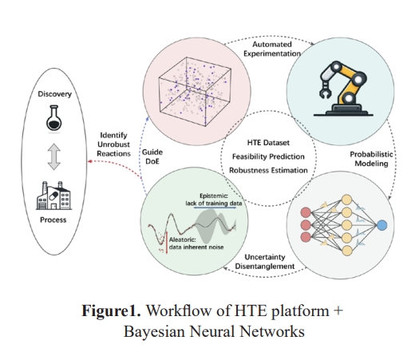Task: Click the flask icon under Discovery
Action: [x=54, y=118]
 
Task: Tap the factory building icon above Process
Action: [x=54, y=196]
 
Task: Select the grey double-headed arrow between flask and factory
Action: [x=54, y=156]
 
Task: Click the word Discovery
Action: [x=55, y=94]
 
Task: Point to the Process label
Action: [x=53, y=220]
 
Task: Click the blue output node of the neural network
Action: [x=381, y=225]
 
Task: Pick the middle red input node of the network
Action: [x=306, y=225]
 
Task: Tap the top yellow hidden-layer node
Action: [x=346, y=200]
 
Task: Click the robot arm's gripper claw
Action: [x=325, y=90]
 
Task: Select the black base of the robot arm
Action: [x=343, y=110]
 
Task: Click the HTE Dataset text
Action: [x=268, y=143]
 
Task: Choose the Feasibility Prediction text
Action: [x=268, y=156]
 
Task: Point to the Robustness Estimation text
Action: [x=268, y=170]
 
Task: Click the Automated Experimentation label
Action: [x=272, y=49]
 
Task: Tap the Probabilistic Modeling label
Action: [x=371, y=159]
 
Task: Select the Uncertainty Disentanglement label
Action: [x=265, y=262]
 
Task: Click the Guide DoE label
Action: [x=152, y=156]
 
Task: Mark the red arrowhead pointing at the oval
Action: [x=90, y=161]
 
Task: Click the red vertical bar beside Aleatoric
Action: [x=167, y=243]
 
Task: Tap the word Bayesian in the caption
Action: [x=154, y=331]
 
